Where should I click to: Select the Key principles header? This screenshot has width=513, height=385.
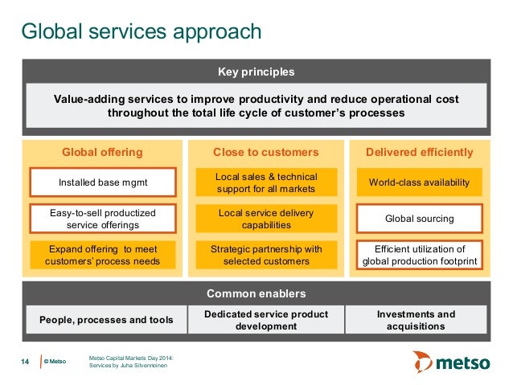[256, 72]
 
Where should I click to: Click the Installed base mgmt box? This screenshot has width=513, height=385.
[103, 182]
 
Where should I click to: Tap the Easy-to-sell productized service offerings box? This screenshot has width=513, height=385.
[103, 219]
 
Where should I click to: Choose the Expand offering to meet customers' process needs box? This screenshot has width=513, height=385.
[103, 255]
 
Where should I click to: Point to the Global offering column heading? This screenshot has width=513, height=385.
[103, 152]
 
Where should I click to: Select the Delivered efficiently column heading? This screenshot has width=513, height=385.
[419, 152]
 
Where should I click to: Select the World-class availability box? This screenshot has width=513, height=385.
[419, 182]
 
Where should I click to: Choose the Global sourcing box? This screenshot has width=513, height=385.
[419, 219]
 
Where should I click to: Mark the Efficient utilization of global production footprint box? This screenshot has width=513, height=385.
[419, 255]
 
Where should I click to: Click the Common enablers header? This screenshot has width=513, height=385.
[256, 293]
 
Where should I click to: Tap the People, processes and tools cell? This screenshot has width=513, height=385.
[106, 320]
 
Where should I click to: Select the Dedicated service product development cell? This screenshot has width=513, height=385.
[266, 320]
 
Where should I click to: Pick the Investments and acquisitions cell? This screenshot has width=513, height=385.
[417, 320]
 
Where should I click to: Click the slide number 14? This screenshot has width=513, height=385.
[24, 362]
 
